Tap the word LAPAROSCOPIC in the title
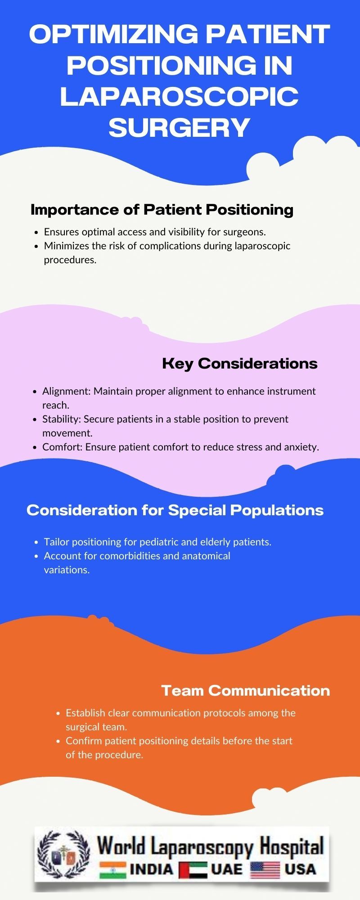(179, 96)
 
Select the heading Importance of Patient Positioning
(162, 210)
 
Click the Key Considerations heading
(239, 364)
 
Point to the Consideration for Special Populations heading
(175, 510)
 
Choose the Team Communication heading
(245, 690)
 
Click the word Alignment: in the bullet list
(66, 391)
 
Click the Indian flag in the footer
(112, 869)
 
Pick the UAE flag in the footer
(193, 870)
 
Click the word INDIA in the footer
(151, 869)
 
